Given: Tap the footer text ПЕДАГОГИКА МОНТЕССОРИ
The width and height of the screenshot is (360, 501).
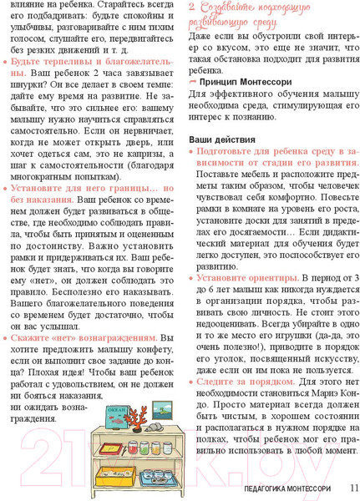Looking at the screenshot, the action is coord(278,488).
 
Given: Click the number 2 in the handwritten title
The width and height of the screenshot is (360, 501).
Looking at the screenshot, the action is coord(192,8).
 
